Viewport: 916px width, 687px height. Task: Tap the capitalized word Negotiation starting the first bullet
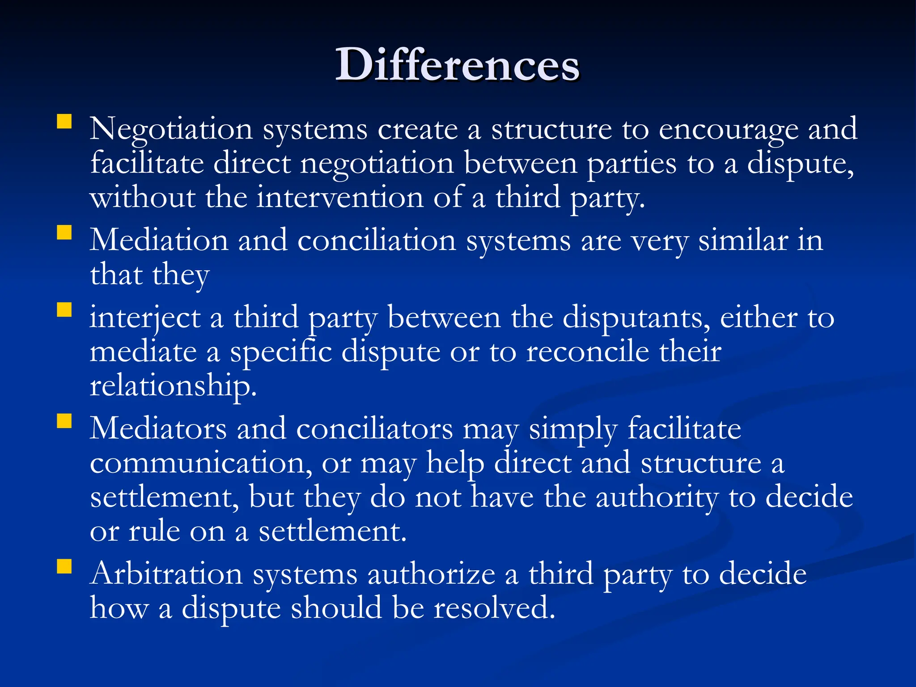[x=171, y=129]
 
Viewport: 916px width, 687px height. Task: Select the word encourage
[x=728, y=130]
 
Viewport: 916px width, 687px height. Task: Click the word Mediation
[x=159, y=240]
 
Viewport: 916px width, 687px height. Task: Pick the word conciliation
[x=377, y=240]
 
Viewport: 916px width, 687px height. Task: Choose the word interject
[x=145, y=318]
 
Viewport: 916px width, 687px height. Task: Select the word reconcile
[x=587, y=352]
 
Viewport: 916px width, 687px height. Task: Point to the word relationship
[x=173, y=386]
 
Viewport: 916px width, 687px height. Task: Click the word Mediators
[x=158, y=428]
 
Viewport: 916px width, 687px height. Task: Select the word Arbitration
[x=166, y=573]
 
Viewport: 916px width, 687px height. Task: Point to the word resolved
[x=494, y=608]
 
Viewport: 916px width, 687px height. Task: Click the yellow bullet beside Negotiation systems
[x=64, y=122]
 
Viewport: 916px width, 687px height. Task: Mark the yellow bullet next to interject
[x=64, y=310]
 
